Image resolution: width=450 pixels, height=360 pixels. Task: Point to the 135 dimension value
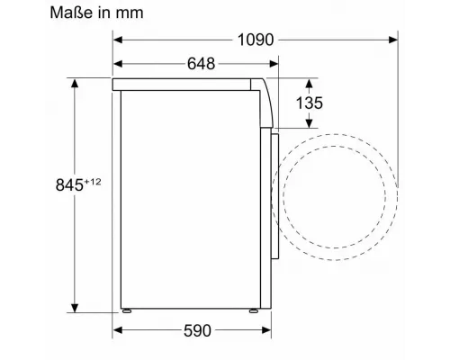(310, 103)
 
